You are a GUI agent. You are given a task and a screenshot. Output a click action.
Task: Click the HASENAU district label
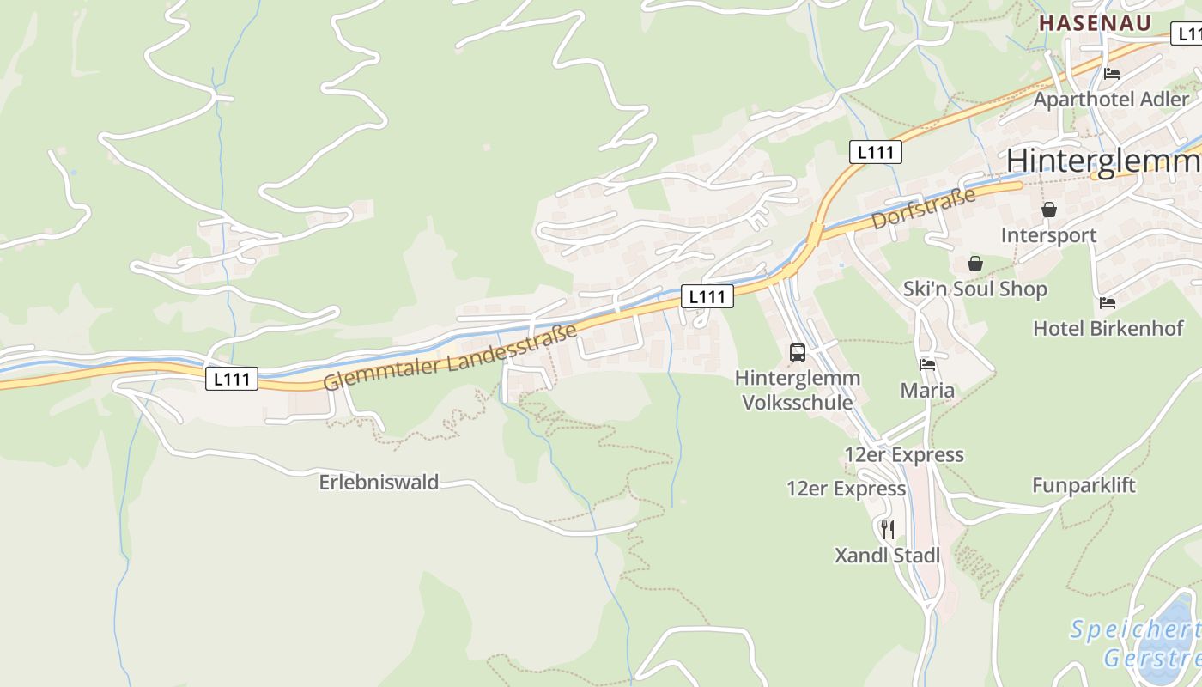pos(1095,23)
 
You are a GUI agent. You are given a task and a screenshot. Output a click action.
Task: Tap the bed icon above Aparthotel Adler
pos(1112,74)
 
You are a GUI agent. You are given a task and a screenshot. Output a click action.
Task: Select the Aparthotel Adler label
pos(1111,100)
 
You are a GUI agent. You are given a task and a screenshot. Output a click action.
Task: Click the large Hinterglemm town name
pos(1103,161)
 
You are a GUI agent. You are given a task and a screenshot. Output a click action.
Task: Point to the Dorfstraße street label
pos(924,208)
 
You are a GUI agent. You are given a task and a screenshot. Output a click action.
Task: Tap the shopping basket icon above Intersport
pos(1048,210)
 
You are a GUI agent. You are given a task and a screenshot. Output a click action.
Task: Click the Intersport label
pos(1048,235)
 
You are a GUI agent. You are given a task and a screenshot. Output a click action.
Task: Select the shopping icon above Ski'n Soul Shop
pos(974,264)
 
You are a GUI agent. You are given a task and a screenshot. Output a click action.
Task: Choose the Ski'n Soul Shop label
pos(974,289)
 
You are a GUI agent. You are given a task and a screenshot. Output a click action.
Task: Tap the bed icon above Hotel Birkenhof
pos(1108,302)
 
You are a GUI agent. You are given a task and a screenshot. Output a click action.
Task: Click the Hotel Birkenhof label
pos(1108,328)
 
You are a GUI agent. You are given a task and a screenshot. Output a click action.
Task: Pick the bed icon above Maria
pos(927,365)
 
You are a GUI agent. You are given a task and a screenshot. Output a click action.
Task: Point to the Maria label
pos(927,391)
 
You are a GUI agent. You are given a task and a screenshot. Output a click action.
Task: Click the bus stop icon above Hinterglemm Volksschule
pos(798,352)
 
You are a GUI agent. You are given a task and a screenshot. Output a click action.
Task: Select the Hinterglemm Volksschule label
pos(798,390)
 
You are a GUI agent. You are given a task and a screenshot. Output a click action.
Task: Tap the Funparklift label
pos(1084,485)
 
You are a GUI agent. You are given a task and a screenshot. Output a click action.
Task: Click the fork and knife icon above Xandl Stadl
pos(888,530)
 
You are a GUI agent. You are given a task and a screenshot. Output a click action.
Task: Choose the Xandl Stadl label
pos(888,556)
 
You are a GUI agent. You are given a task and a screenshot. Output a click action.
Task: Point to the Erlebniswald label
pos(379,483)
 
